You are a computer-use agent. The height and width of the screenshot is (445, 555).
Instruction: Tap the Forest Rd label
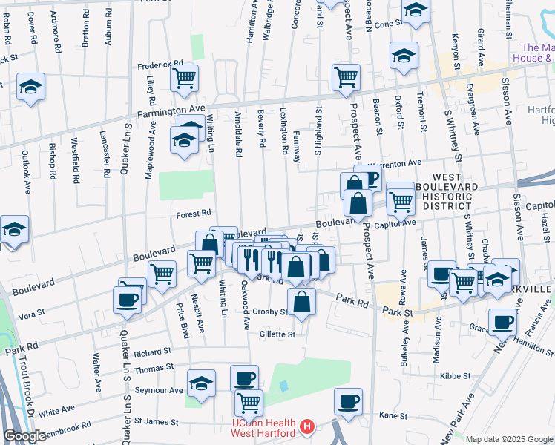[x=194, y=214]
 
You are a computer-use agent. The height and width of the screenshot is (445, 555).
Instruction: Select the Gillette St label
[x=277, y=334]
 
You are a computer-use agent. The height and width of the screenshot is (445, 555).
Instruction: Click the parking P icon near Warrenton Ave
[x=370, y=178]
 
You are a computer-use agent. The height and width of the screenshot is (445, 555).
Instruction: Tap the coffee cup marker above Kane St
[x=348, y=401]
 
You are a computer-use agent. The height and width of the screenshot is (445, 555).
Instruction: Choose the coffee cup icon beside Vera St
[x=127, y=299]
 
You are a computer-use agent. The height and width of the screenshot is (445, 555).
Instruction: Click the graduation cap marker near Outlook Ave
[x=30, y=87]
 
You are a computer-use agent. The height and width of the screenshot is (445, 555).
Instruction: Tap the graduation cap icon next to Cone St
[x=416, y=10]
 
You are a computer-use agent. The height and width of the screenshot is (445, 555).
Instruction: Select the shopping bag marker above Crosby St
[x=301, y=301]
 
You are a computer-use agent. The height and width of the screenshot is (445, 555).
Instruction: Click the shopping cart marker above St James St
[x=249, y=403]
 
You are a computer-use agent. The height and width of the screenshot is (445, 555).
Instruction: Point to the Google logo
[x=24, y=437]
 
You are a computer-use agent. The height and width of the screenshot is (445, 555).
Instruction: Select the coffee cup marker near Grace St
[x=502, y=323]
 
